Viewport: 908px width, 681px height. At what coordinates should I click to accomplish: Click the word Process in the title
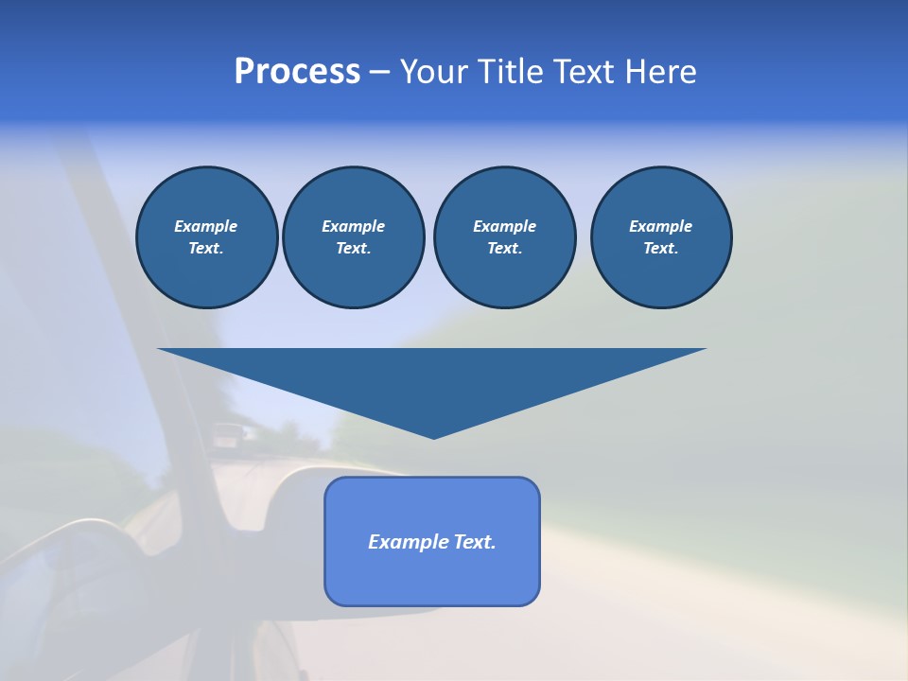297,72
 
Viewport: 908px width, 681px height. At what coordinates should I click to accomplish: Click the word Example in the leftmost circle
206,226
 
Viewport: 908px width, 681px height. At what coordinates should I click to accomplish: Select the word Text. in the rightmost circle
661,249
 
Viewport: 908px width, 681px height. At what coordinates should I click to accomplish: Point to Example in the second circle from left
353,226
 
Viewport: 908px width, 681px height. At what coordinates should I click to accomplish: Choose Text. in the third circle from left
504,249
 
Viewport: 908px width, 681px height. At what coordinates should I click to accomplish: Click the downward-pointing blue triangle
432,378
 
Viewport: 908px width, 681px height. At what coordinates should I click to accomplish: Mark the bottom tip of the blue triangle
433,437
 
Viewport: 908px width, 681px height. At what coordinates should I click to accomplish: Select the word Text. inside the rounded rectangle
475,542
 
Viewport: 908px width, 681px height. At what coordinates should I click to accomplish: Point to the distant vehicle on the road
228,436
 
